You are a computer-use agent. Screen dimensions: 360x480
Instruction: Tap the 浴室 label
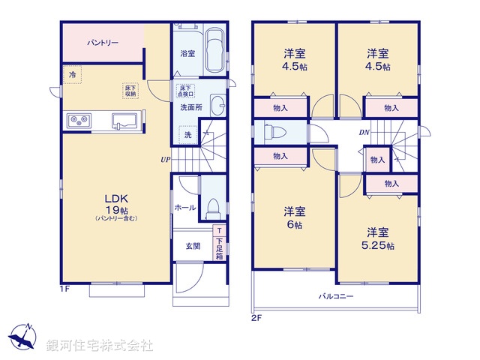pyautogui.click(x=187, y=53)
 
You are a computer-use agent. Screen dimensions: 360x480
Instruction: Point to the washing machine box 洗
pyautogui.click(x=186, y=134)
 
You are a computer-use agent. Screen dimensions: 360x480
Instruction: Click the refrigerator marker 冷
pyautogui.click(x=72, y=75)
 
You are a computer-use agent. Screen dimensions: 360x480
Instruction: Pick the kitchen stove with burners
pyautogui.click(x=79, y=120)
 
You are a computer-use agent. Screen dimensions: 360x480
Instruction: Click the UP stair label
pyautogui.click(x=163, y=159)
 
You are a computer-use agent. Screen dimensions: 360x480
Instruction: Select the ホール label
pyautogui.click(x=185, y=207)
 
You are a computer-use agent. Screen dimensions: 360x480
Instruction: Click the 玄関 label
pyautogui.click(x=193, y=245)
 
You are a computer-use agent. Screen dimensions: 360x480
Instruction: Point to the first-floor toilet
pyautogui.click(x=212, y=206)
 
